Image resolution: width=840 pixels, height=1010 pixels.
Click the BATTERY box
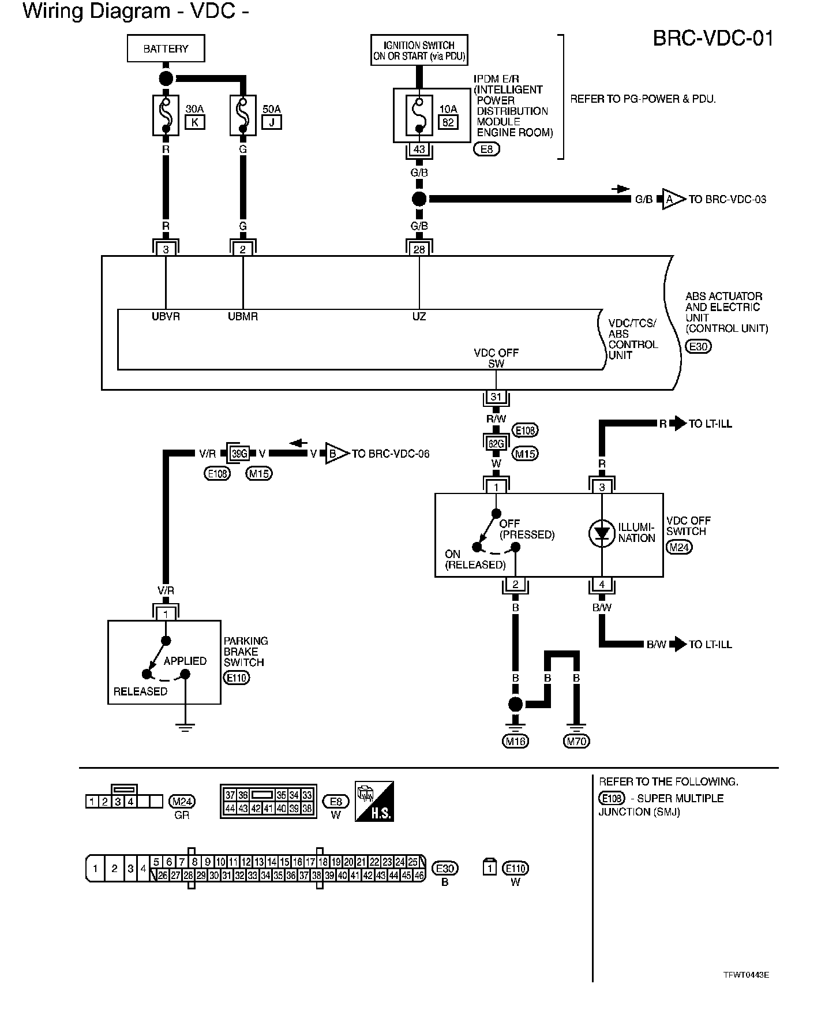pyautogui.click(x=166, y=48)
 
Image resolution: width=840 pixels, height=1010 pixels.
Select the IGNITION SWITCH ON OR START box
pyautogui.click(x=419, y=50)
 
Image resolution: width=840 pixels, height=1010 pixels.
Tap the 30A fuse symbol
pyautogui.click(x=166, y=115)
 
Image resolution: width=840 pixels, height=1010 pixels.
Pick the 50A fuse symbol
pyautogui.click(x=243, y=115)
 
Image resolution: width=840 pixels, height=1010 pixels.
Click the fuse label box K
pyautogui.click(x=194, y=122)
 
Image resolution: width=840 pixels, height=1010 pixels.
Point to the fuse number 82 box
pyautogui.click(x=448, y=122)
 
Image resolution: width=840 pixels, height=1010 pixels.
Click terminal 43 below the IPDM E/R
pyautogui.click(x=419, y=149)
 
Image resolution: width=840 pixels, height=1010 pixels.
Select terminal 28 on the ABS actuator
pyautogui.click(x=419, y=249)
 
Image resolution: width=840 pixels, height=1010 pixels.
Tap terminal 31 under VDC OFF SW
pyautogui.click(x=496, y=396)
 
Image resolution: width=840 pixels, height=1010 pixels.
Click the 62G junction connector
pyautogui.click(x=496, y=443)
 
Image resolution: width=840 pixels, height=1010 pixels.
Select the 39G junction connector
pyautogui.click(x=239, y=454)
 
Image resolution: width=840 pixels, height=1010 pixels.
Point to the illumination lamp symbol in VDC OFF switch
pyautogui.click(x=602, y=534)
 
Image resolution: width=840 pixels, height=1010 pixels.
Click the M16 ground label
pyautogui.click(x=516, y=741)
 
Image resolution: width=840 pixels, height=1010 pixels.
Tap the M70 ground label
pyautogui.click(x=577, y=741)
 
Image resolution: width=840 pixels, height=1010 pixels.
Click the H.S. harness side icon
pyautogui.click(x=374, y=802)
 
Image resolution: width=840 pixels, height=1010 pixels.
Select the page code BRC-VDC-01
pyautogui.click(x=713, y=39)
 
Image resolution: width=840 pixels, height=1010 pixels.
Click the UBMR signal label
pyautogui.click(x=243, y=316)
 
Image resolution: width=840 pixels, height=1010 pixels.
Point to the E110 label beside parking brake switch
pyautogui.click(x=237, y=678)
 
